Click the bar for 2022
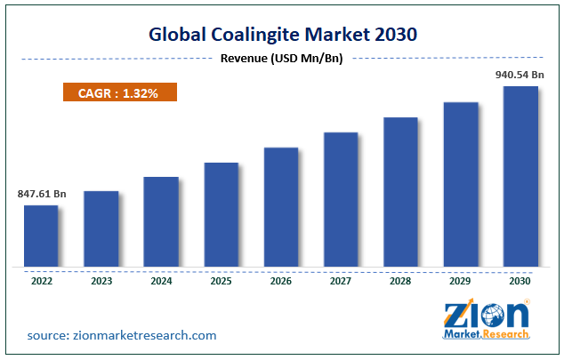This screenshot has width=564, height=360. pos(41,236)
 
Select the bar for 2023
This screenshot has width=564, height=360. pos(101,228)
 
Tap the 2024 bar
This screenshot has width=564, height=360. pos(161,221)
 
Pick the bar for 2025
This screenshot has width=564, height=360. pos(222,214)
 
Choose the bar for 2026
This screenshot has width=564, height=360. pos(281,206)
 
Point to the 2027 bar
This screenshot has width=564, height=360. pos(341,199)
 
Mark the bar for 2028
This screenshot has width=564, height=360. pos(401,191)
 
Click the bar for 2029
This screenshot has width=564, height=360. pos(461,184)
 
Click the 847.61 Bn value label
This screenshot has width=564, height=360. pos(41,193)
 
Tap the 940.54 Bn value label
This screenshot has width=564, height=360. pos(520,75)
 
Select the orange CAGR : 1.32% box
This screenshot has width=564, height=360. pos(120,92)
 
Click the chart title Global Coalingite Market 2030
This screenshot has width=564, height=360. pos(282,35)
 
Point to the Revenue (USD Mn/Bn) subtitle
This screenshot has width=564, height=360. pos(281,59)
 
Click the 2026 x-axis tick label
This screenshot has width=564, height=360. pos(281,281)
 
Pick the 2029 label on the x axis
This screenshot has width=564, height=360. pos(461,281)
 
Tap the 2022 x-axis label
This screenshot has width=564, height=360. pos(41,281)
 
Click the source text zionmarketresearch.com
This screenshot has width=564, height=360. pos(121,335)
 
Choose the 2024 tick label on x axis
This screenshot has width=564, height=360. pos(161,281)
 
